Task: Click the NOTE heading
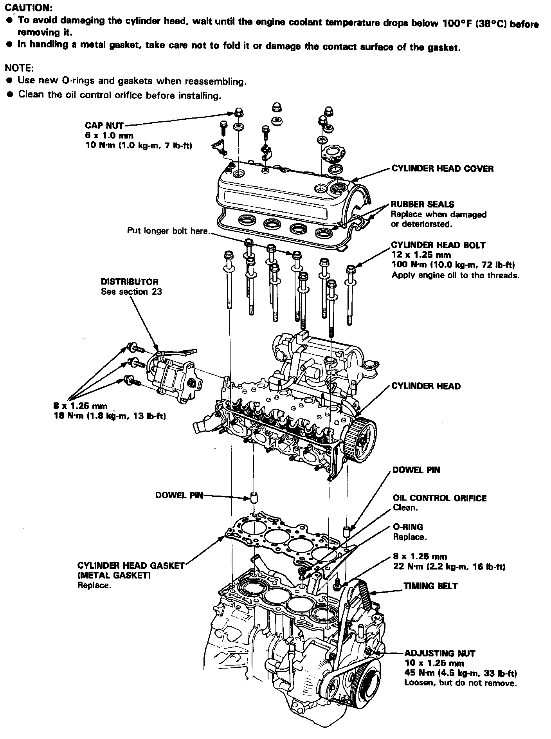pos(19,68)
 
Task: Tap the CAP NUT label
pos(104,126)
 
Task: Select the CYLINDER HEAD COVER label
pos(442,169)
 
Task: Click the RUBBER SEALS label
pos(423,204)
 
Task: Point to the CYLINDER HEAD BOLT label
pos(438,245)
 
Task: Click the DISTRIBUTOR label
pos(130,282)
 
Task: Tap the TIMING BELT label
pos(430,586)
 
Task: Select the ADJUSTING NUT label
pos(439,653)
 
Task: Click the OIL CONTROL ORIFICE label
pos(440,498)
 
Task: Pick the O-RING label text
pos(408,527)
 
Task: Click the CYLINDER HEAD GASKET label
pos(131,566)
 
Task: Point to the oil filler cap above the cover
pos(335,153)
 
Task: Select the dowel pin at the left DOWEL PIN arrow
pos(254,498)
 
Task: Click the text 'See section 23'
pos(131,292)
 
